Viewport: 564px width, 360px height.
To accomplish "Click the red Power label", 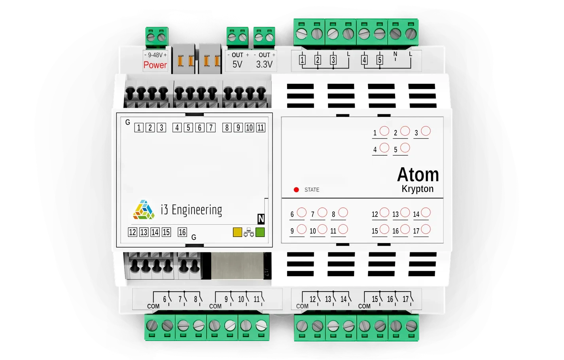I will tap(155, 65).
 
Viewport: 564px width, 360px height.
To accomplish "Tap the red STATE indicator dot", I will tap(296, 190).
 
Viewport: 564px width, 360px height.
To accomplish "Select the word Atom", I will tap(418, 174).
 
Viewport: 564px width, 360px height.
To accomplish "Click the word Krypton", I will tap(417, 189).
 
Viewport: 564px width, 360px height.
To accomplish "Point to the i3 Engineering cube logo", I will tap(144, 210).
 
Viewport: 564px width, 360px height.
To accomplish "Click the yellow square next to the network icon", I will tap(237, 232).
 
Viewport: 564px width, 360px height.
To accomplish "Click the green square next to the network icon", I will tap(260, 232).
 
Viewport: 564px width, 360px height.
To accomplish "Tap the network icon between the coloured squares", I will tap(249, 232).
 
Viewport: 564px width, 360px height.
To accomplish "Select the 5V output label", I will tap(237, 64).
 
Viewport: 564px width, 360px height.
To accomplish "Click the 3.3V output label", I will tap(264, 64).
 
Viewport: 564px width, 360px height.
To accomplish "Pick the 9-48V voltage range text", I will tap(155, 55).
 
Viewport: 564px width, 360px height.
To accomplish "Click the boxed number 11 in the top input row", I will tap(260, 128).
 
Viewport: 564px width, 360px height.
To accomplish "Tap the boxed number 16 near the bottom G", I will tap(182, 232).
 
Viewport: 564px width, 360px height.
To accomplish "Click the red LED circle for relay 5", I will tap(405, 148).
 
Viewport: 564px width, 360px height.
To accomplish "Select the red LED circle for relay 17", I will tap(426, 229).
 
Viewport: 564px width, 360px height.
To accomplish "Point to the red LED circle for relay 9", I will tap(302, 229).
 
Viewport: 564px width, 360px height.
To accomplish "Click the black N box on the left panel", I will tap(261, 219).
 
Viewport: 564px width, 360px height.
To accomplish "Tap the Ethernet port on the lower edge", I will tap(237, 265).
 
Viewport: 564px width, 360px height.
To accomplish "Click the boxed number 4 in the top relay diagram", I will tap(364, 60).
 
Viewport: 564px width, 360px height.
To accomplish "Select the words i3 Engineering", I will tap(191, 210).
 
